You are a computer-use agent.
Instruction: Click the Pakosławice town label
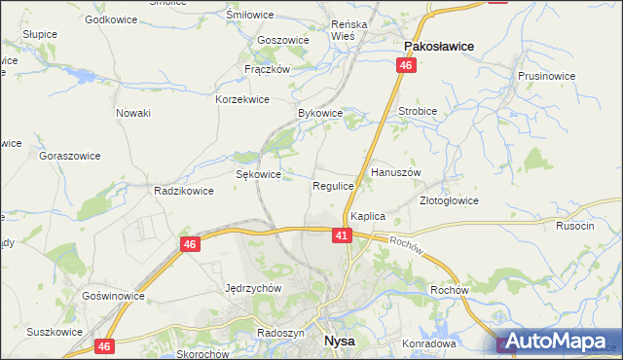(438, 45)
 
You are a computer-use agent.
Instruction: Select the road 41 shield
(341, 235)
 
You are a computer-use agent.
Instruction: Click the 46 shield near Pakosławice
(406, 65)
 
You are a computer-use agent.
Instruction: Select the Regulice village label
(333, 185)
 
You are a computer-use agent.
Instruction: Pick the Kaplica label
(369, 216)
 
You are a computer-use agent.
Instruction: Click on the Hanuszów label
(395, 171)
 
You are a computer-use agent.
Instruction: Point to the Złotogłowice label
(449, 200)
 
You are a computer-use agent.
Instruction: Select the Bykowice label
(320, 113)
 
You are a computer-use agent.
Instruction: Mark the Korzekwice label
(242, 99)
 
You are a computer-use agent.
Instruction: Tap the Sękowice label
(259, 174)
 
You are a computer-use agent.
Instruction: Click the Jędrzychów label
(253, 288)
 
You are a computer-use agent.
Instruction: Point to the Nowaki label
(133, 113)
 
